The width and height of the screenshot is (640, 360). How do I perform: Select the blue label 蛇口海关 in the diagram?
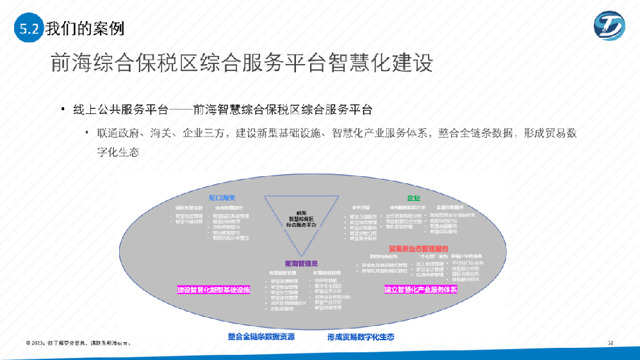(222, 198)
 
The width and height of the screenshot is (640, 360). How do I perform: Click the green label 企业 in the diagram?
(413, 198)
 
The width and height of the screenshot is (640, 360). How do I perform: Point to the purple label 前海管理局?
(302, 263)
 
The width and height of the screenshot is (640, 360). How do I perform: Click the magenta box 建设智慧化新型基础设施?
(213, 290)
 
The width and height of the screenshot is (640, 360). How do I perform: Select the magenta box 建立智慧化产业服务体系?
(421, 290)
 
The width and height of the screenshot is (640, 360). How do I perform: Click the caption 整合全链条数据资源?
(261, 336)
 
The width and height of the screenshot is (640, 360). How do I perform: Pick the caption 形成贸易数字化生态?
(361, 336)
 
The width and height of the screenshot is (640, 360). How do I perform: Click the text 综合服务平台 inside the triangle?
(302, 225)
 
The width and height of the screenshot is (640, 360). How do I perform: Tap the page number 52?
(611, 343)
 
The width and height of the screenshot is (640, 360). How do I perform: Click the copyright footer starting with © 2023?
(78, 343)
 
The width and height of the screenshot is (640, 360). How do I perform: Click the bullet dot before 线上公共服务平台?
(63, 109)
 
